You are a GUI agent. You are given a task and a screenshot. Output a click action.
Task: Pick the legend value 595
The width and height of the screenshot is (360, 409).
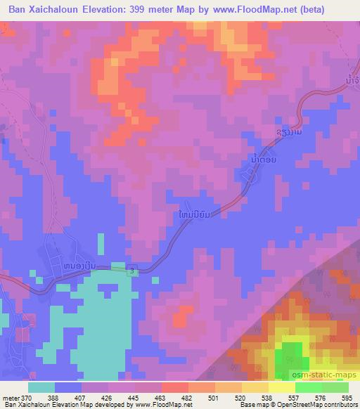(347, 397)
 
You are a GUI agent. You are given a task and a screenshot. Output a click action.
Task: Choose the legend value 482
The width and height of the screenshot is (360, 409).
(188, 397)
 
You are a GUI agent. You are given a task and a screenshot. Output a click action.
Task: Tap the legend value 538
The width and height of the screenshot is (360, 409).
(268, 397)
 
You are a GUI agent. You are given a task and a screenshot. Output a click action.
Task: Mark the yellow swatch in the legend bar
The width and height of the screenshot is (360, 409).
(281, 387)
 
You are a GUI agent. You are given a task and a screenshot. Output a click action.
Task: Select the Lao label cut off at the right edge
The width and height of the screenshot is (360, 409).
(352, 82)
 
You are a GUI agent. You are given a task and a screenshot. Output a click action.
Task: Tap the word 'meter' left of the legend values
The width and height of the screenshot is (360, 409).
(11, 397)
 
